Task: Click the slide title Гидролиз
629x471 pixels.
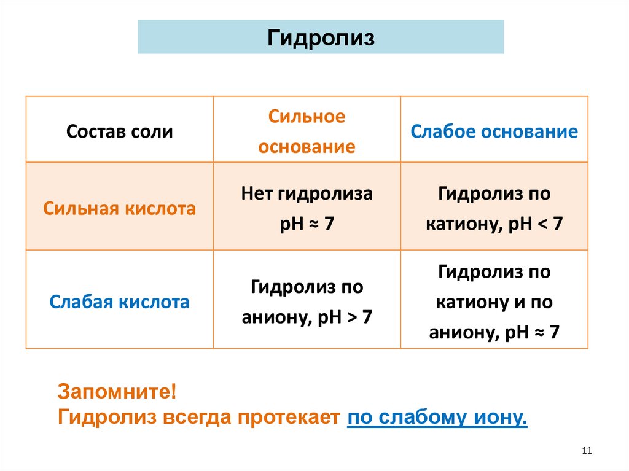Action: pos(321,37)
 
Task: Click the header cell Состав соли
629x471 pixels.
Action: pos(120,131)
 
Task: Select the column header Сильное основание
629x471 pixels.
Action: pos(307,131)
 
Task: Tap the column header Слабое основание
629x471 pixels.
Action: pos(494,131)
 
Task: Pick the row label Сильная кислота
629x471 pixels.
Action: pos(120,209)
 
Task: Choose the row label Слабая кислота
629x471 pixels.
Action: pos(120,302)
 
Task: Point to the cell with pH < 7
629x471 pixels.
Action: pos(494,209)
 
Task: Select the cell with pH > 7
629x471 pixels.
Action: pos(307,302)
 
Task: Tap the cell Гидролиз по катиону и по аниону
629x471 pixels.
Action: pos(494,302)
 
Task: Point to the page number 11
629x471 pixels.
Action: pos(585,451)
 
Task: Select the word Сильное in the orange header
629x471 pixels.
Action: pos(307,117)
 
